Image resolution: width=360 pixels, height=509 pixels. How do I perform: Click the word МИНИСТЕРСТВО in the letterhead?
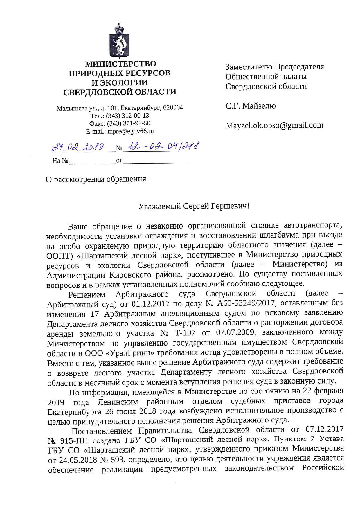[x=120, y=64]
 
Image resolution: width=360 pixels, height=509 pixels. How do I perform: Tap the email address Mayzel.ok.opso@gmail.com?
[x=274, y=125]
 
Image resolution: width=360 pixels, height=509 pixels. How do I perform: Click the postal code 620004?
[x=173, y=108]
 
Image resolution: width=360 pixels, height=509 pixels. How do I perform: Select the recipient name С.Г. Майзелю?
[x=251, y=106]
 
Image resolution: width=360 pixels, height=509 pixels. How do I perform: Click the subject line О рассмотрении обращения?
[x=96, y=179]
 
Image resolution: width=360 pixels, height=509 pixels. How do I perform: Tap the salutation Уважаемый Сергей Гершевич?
[x=194, y=206]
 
